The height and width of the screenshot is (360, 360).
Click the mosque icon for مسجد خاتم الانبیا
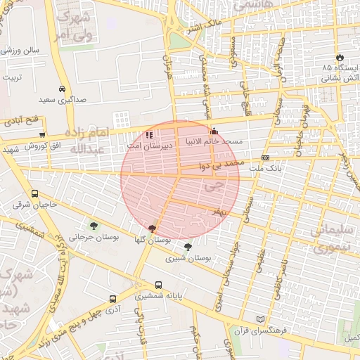point(214,131)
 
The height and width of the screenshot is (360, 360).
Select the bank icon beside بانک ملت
point(265,158)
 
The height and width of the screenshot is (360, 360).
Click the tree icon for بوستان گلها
point(153,228)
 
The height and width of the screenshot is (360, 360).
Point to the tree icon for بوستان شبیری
point(188,247)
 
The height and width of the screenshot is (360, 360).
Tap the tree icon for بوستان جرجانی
point(94,226)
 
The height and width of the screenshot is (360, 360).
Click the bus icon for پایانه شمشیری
point(158,285)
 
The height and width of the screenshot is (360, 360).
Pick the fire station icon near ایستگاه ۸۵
point(340,57)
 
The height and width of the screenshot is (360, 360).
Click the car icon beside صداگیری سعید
point(63,89)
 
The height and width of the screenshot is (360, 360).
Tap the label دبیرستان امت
point(144,146)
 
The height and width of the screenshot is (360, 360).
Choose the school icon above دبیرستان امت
point(148,134)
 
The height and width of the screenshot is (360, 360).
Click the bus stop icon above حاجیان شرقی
point(35,194)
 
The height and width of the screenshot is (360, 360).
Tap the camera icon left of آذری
point(112,298)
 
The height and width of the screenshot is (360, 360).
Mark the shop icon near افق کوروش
point(42,134)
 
